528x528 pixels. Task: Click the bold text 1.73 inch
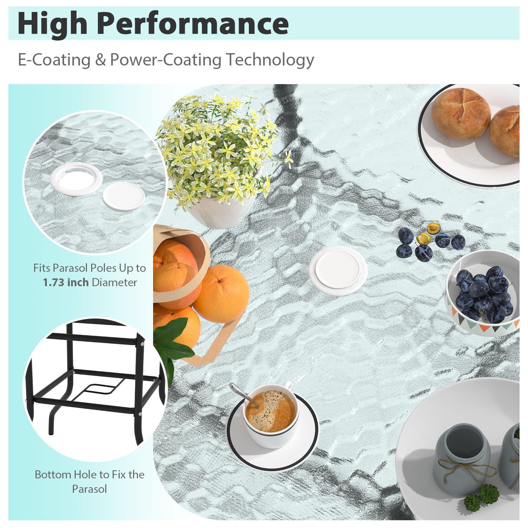pos(66,282)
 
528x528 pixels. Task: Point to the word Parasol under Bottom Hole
pos(89,489)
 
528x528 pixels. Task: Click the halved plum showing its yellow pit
pos(423,239)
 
